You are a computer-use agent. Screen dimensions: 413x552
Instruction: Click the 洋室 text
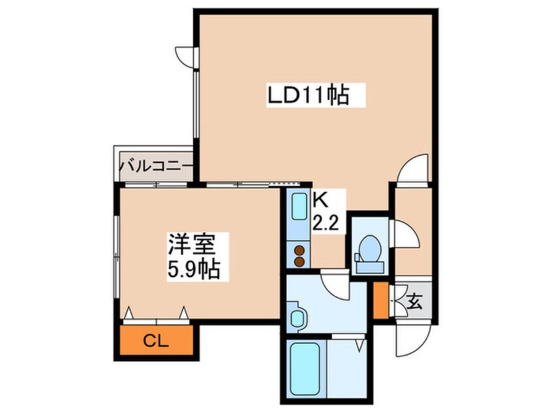coord(191,246)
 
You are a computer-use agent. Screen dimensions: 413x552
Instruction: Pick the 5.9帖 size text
coord(192,268)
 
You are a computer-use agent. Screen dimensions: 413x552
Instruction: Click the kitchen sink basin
coord(299,208)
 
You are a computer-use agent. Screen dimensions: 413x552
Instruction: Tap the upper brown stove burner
coord(299,249)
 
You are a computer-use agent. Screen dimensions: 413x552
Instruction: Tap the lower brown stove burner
coord(299,261)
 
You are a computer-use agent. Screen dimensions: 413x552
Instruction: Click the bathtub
coord(305,371)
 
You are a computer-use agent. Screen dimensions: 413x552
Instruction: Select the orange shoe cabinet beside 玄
coord(380,300)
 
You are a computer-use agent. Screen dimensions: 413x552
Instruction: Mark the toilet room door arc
coord(400,232)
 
